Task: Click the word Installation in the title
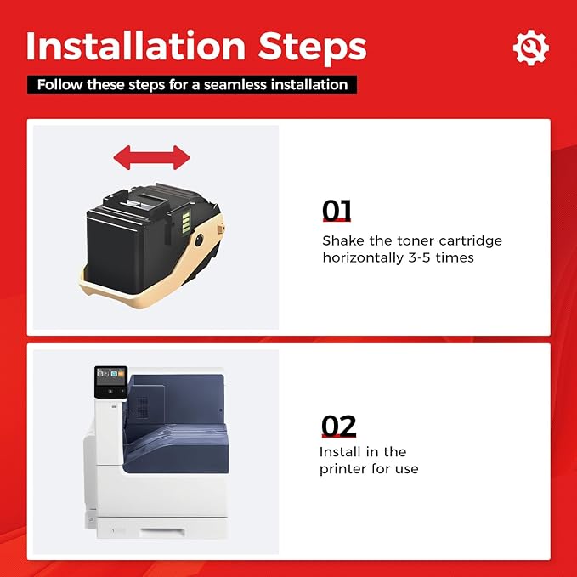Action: click(135, 46)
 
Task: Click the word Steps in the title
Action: click(312, 48)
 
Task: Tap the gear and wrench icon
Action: click(530, 48)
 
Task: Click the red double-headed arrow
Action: click(151, 157)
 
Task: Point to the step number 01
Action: click(337, 211)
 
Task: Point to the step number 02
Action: click(338, 426)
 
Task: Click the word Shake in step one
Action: click(343, 240)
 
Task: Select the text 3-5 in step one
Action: click(419, 257)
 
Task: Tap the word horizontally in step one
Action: click(363, 258)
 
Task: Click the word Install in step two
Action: click(341, 451)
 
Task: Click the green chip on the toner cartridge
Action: click(186, 222)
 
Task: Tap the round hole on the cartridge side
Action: click(199, 240)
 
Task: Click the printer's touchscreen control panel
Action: click(110, 382)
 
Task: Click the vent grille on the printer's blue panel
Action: click(143, 407)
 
